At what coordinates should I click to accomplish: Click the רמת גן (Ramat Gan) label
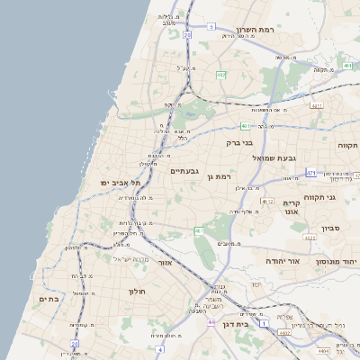tap(220, 176)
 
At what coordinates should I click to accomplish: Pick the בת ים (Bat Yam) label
tap(48, 298)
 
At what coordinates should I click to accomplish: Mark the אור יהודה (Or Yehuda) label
tap(281, 260)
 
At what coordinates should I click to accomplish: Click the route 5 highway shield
tap(211, 26)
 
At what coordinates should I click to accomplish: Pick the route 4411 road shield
tap(316, 106)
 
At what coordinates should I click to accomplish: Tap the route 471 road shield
tap(310, 172)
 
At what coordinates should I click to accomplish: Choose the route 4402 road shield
tap(285, 333)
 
